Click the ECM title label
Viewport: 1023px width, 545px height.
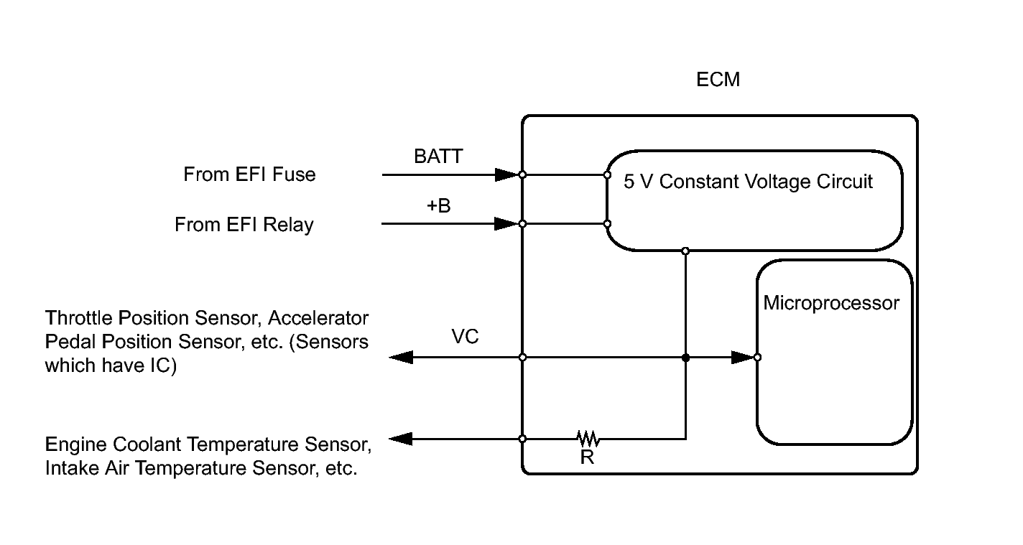coord(718,80)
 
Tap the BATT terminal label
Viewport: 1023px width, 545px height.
coord(438,156)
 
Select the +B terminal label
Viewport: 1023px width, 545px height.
coord(438,206)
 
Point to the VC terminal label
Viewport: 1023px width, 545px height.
coord(465,336)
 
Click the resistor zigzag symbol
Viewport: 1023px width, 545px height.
coord(588,438)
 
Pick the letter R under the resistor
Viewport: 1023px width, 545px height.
coord(587,457)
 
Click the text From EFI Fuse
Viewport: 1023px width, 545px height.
coord(249,174)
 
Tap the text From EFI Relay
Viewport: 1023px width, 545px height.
coord(244,225)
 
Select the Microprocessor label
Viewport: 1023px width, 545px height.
coord(831,303)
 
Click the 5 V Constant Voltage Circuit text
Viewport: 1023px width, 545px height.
coord(748,182)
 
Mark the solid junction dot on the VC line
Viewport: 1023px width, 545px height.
coord(685,358)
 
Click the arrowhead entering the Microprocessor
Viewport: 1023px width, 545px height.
coord(743,358)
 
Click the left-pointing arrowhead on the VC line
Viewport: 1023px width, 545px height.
coord(401,358)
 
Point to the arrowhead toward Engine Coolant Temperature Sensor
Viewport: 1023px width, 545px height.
coord(401,439)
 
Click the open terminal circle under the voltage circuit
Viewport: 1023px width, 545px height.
coord(685,251)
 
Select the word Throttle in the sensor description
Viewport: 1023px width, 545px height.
coord(78,318)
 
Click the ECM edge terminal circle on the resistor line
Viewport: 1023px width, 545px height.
coord(522,439)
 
